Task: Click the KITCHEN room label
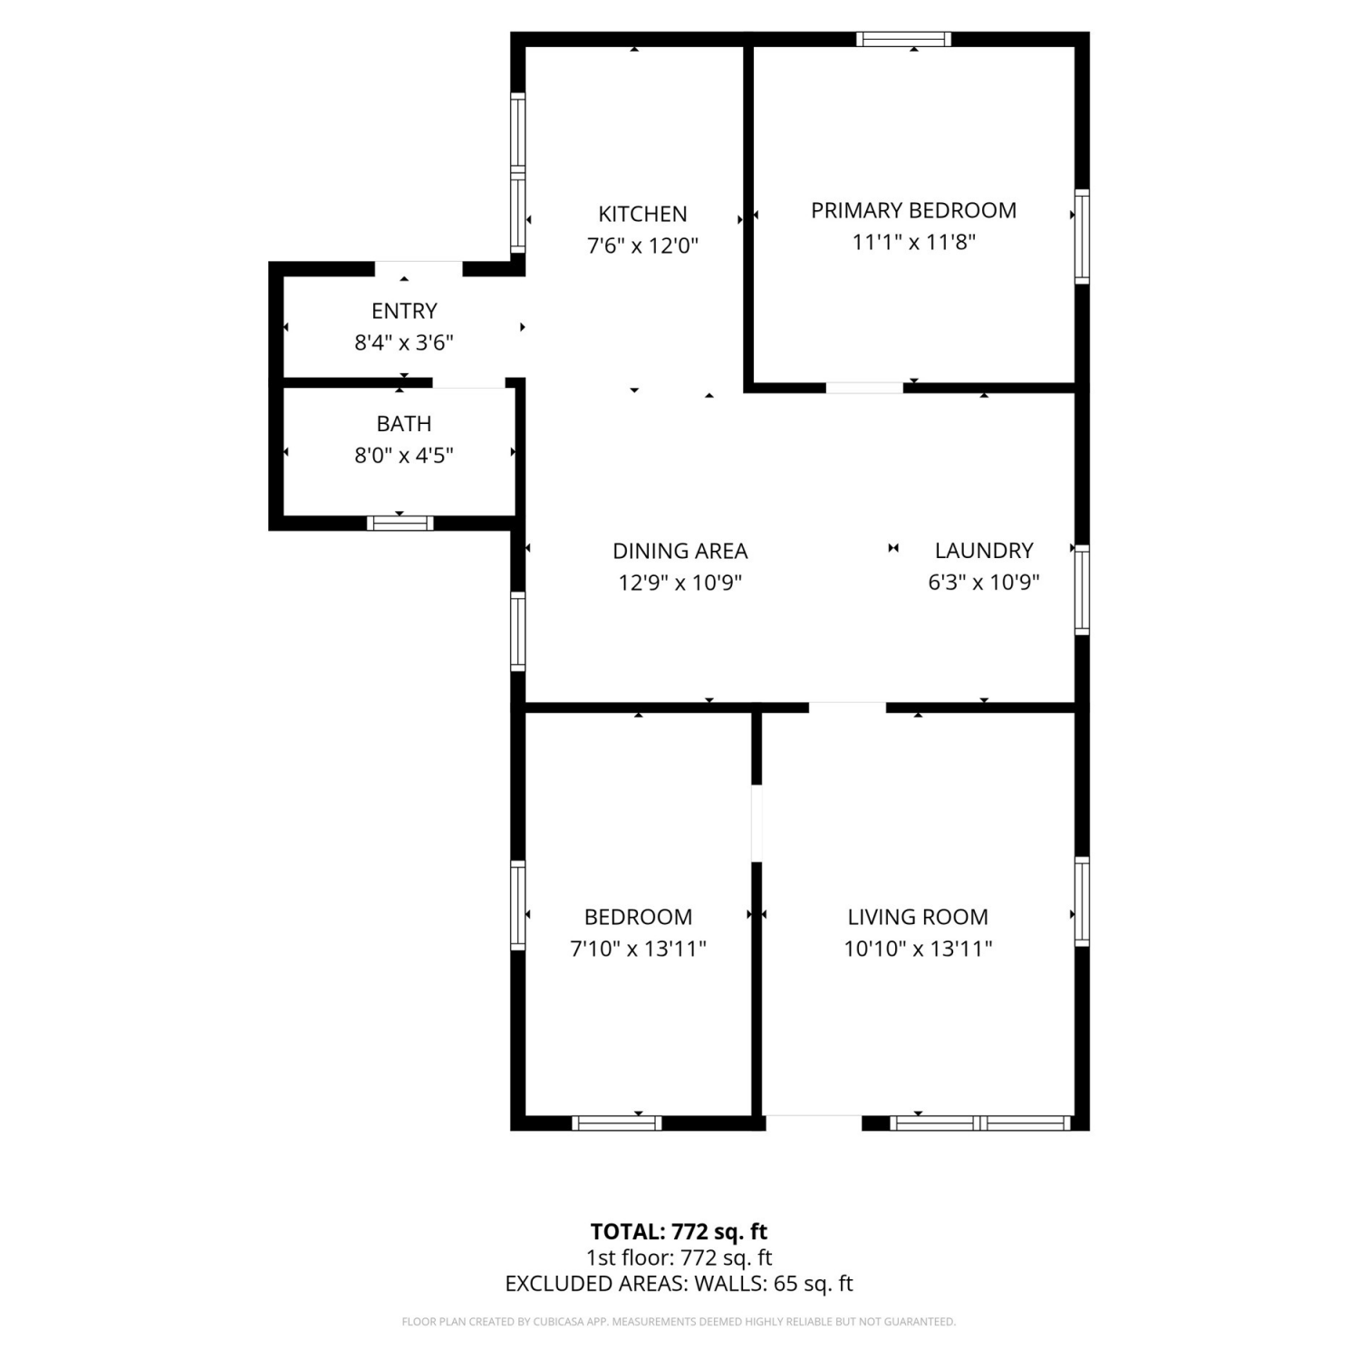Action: click(x=642, y=214)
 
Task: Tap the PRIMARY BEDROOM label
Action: click(x=913, y=210)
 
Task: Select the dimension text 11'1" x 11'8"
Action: click(x=913, y=242)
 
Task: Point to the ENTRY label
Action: click(x=404, y=311)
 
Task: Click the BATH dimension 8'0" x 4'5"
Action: click(x=404, y=455)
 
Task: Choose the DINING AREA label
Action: click(x=680, y=551)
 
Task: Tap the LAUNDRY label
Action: click(x=984, y=550)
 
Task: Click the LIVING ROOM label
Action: click(x=918, y=917)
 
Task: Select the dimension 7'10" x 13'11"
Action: click(x=638, y=949)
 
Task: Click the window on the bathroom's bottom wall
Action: click(x=400, y=523)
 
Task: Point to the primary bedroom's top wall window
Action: click(x=903, y=39)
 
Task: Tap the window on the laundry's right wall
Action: click(x=1082, y=590)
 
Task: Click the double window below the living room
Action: click(x=980, y=1123)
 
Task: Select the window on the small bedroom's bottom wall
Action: click(x=617, y=1123)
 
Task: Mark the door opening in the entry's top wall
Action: click(x=419, y=268)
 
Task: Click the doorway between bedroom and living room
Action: click(x=757, y=824)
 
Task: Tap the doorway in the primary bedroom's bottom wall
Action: click(x=864, y=388)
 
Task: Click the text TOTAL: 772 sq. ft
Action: click(x=679, y=1232)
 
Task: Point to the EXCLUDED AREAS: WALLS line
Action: click(x=679, y=1284)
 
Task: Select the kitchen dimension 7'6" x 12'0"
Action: click(x=642, y=246)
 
